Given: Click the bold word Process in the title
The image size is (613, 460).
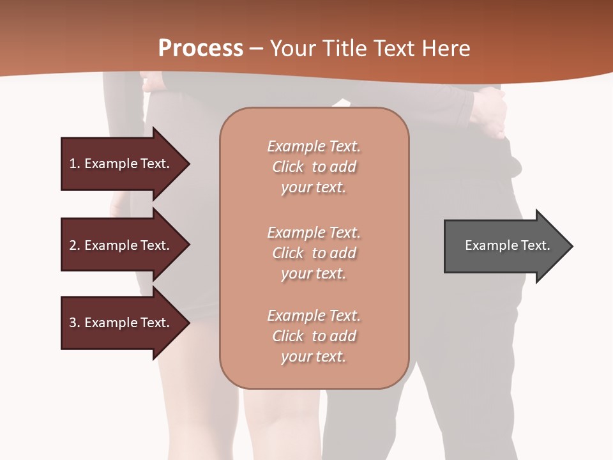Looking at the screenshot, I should (201, 48).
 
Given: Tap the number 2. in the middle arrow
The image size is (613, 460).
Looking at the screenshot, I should (75, 245).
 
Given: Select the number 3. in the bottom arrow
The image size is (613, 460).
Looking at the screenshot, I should (75, 323).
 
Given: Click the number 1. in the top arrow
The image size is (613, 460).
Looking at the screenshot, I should (75, 164).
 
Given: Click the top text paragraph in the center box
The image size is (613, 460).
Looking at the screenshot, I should (314, 167).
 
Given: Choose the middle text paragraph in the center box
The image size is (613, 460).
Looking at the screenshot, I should (314, 253).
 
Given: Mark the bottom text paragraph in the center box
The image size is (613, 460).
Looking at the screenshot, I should (314, 336).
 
